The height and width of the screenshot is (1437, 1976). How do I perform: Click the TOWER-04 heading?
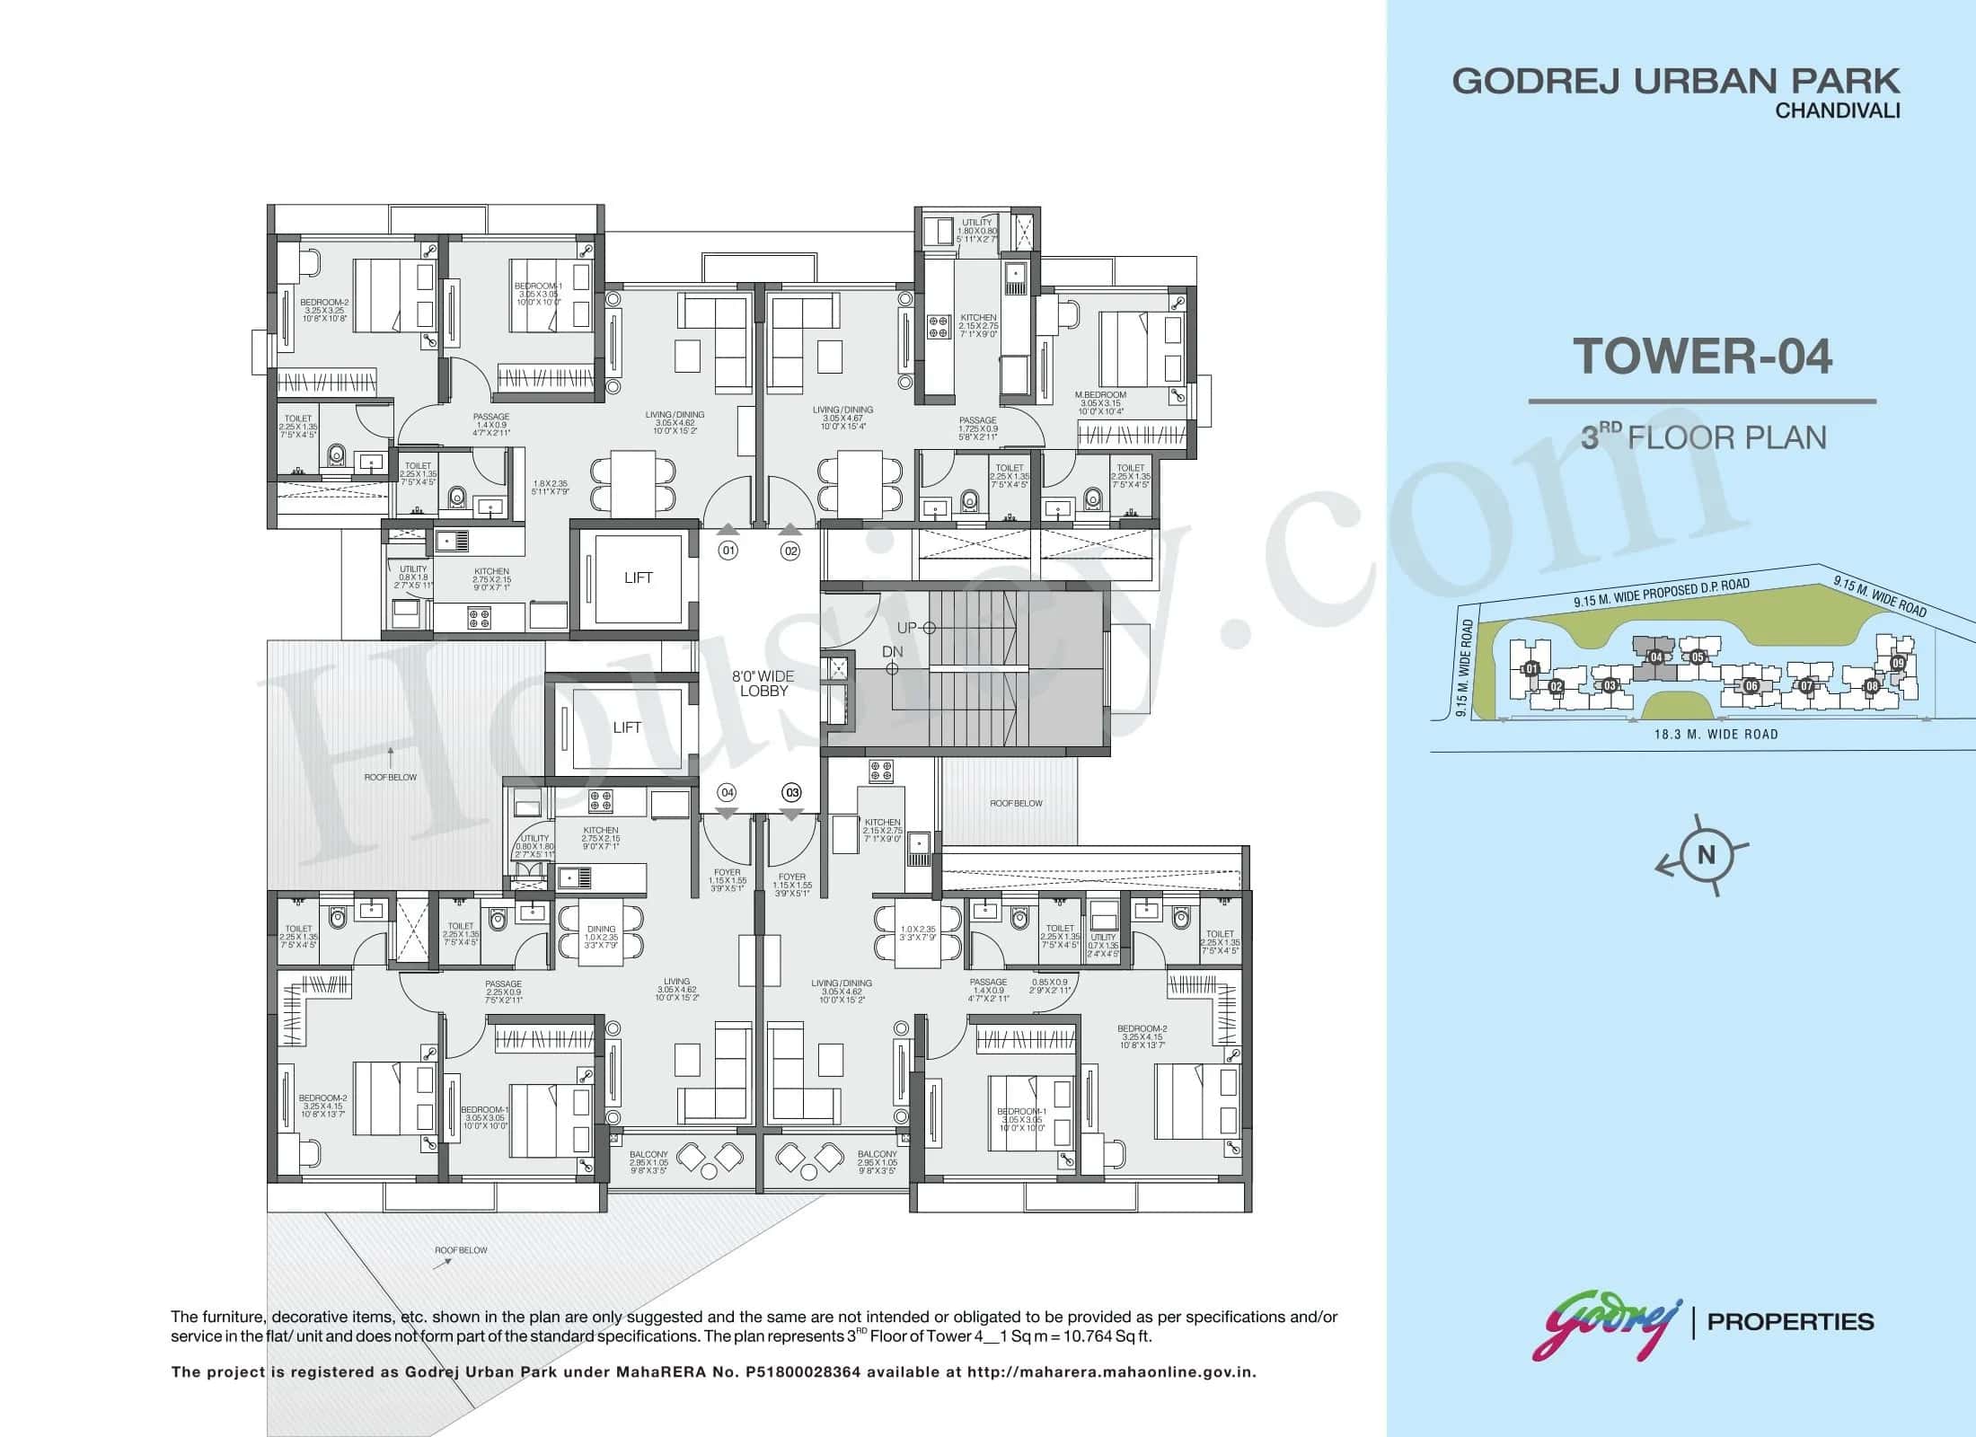1702,356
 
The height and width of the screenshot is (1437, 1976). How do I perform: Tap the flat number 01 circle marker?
728,551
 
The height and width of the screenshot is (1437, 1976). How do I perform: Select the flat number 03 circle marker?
791,792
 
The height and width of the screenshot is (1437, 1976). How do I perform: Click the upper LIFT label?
638,577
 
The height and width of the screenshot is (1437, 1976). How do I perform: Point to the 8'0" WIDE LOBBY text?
763,683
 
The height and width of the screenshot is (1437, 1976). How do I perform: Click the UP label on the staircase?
906,627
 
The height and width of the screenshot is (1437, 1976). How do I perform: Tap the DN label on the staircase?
892,651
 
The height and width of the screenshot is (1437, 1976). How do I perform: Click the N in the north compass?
1706,855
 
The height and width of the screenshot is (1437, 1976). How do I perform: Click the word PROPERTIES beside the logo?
1790,1322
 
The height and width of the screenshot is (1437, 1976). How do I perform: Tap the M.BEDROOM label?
1100,394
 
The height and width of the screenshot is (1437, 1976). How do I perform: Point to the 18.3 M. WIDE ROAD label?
1716,734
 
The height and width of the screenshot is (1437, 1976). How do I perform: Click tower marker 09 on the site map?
1898,663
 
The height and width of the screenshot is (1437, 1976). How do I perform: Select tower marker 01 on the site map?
1531,669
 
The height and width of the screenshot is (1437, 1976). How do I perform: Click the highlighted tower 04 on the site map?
1655,657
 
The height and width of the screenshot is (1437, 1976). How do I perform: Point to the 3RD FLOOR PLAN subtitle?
1703,437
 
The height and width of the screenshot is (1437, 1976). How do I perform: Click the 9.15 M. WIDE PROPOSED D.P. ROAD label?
1661,594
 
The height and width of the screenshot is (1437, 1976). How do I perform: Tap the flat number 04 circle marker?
727,792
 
